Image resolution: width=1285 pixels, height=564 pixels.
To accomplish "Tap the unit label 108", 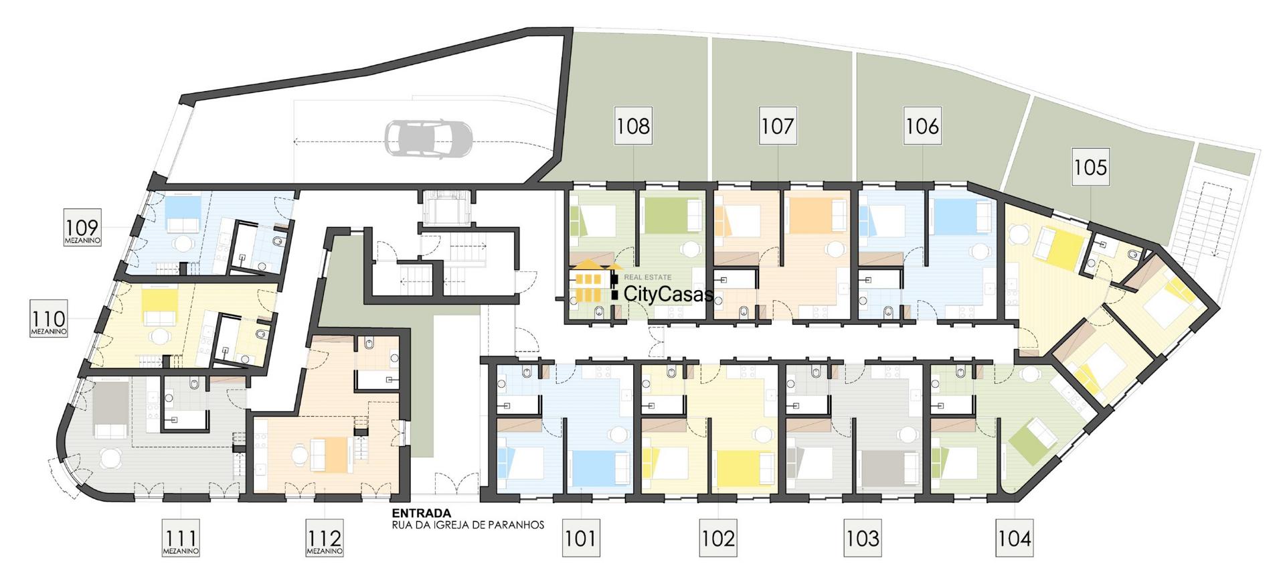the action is click(x=633, y=125).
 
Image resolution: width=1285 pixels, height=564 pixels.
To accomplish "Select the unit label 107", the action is click(x=778, y=125).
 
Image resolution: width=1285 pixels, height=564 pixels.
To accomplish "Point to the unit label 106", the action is click(x=922, y=125).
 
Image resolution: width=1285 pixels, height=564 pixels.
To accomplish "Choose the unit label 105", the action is click(x=1090, y=167).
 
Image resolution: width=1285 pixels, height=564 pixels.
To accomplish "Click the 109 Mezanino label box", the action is click(x=82, y=228).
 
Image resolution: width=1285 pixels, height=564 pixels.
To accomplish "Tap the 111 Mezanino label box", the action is click(x=181, y=538).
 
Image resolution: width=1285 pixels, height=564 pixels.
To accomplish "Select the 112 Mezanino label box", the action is click(x=325, y=538).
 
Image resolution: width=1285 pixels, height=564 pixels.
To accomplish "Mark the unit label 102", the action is click(x=719, y=538).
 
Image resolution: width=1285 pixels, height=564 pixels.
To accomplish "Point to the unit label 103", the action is click(x=862, y=538).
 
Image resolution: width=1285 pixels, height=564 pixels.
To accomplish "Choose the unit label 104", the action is click(x=1015, y=538).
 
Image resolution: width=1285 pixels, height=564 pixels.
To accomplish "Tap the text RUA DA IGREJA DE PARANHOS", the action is click(x=468, y=525).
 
